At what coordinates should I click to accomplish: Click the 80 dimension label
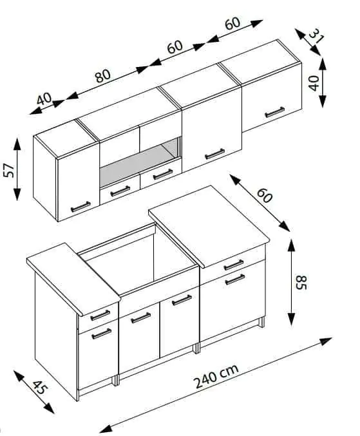click(x=103, y=76)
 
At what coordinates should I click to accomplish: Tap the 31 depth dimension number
click(x=316, y=37)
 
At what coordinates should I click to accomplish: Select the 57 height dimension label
click(x=8, y=170)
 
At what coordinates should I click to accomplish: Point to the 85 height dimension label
click(x=301, y=282)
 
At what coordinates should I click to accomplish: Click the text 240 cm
click(x=217, y=376)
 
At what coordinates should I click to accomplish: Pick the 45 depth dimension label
click(x=39, y=387)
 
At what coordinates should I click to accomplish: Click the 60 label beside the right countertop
click(x=264, y=196)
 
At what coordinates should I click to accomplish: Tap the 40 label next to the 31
click(x=314, y=83)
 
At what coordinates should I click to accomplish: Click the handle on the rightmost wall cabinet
click(x=274, y=112)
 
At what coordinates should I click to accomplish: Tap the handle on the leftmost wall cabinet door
click(x=81, y=207)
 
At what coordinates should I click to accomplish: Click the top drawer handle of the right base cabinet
click(x=234, y=265)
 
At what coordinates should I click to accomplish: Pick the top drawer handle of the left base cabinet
click(x=100, y=316)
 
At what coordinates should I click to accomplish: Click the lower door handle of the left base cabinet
click(x=102, y=334)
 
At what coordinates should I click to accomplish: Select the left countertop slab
click(x=73, y=279)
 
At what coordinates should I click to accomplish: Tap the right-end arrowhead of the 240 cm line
click(x=326, y=341)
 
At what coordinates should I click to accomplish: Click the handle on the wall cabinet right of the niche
click(x=215, y=154)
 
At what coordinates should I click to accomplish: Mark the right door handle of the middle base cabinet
click(x=182, y=300)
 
